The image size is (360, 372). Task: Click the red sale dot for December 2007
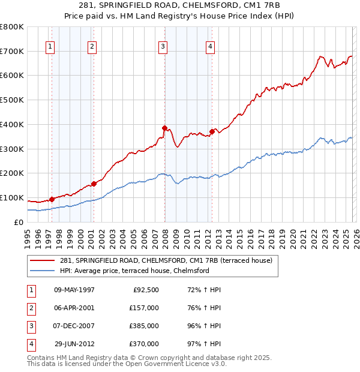pyautogui.click(x=164, y=128)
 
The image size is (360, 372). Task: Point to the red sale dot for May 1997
pyautogui.click(x=52, y=199)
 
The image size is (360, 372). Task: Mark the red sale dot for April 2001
pyautogui.click(x=94, y=184)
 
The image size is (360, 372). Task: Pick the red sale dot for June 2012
pyautogui.click(x=212, y=131)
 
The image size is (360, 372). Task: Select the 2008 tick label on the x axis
pyautogui.click(x=166, y=236)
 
